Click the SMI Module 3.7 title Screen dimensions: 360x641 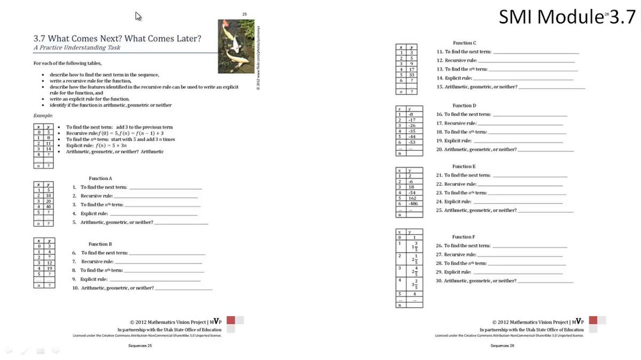click(x=567, y=17)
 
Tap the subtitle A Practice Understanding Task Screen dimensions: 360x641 click(x=76, y=48)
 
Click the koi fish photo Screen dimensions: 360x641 click(x=236, y=46)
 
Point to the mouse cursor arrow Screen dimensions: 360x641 click(x=138, y=16)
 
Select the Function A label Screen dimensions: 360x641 click(x=100, y=178)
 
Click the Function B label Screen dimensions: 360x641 click(x=100, y=244)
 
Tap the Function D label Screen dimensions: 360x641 click(x=464, y=106)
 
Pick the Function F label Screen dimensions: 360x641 click(x=464, y=237)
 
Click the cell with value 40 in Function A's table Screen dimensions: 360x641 click(x=49, y=206)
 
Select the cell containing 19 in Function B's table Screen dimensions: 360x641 click(x=49, y=269)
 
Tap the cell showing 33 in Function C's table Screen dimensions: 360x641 click(x=411, y=75)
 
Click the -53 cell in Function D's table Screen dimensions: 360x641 click(x=411, y=142)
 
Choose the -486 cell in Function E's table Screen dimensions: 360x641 click(x=413, y=204)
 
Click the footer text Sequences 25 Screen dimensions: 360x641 click(x=140, y=346)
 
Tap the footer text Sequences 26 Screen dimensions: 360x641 click(x=502, y=346)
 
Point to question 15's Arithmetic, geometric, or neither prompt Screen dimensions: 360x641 click(x=477, y=87)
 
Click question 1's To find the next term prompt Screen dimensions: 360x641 click(x=104, y=187)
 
